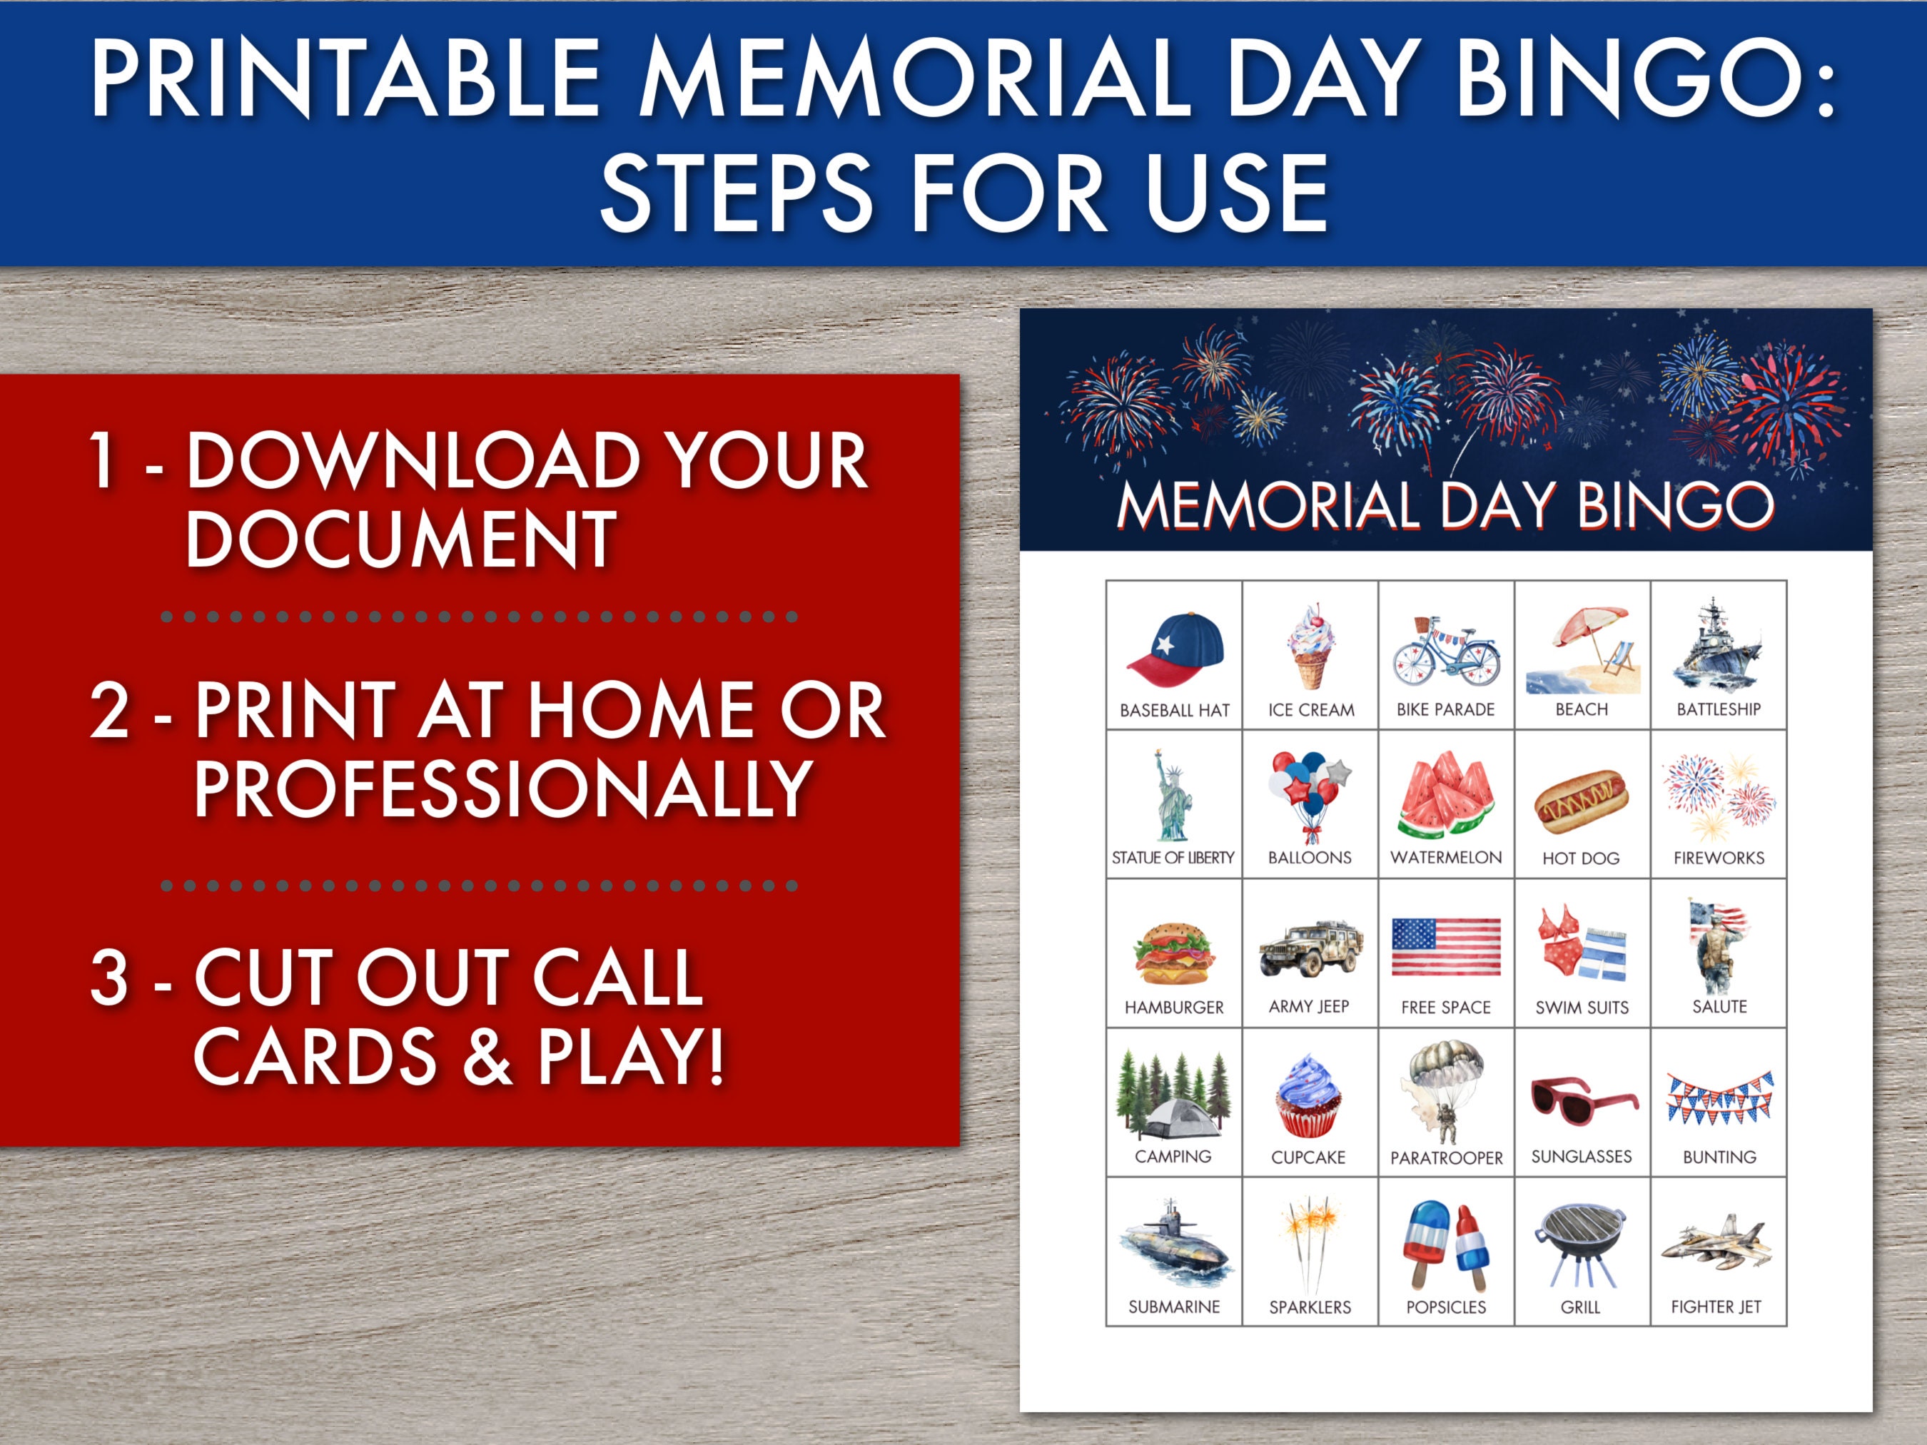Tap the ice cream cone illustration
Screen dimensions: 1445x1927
coord(1310,647)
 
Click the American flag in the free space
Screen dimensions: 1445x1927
coord(1446,947)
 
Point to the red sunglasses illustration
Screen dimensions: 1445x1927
coord(1583,1101)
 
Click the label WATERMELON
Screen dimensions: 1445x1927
coord(1446,858)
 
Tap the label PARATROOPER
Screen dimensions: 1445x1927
coord(1446,1157)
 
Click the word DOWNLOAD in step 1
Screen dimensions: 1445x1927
coord(415,461)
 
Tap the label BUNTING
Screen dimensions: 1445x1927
coord(1719,1157)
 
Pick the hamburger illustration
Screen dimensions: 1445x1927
coord(1173,954)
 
